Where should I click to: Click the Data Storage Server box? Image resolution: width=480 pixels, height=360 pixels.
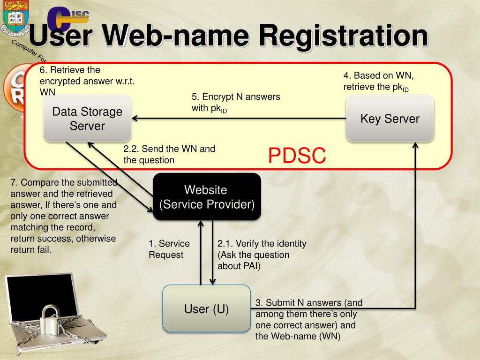[87, 119]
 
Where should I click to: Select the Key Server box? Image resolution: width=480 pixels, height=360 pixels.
[390, 119]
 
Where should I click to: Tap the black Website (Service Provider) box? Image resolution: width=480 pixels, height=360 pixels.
[207, 197]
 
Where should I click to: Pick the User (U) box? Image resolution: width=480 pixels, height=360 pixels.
[206, 309]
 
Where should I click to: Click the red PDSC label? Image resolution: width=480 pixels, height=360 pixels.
[297, 156]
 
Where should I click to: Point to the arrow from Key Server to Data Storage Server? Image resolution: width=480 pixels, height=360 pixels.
[239, 119]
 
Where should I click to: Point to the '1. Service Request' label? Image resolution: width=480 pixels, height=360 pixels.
[169, 249]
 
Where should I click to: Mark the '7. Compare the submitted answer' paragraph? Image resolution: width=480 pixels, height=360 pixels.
[63, 216]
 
